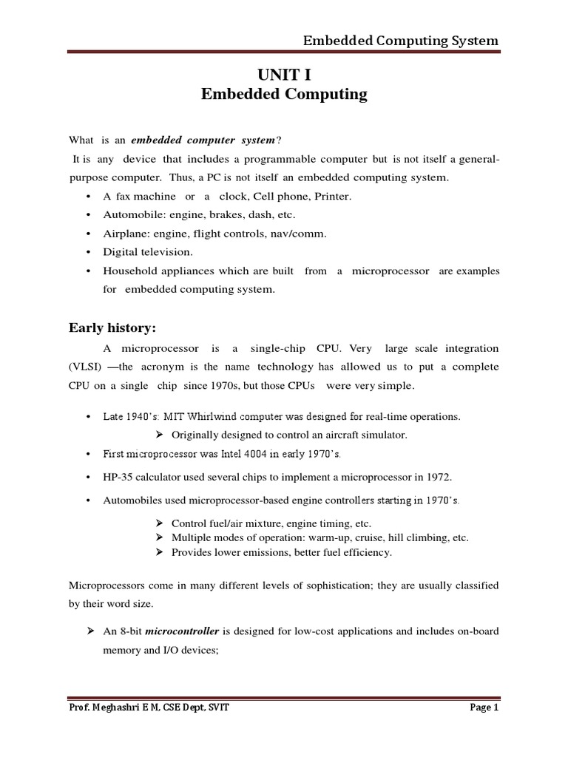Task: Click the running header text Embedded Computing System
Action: [400, 40]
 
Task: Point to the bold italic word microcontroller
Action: [177, 631]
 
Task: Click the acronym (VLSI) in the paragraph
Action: [87, 367]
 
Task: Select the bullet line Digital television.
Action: [148, 252]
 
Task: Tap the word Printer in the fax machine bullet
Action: [334, 196]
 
